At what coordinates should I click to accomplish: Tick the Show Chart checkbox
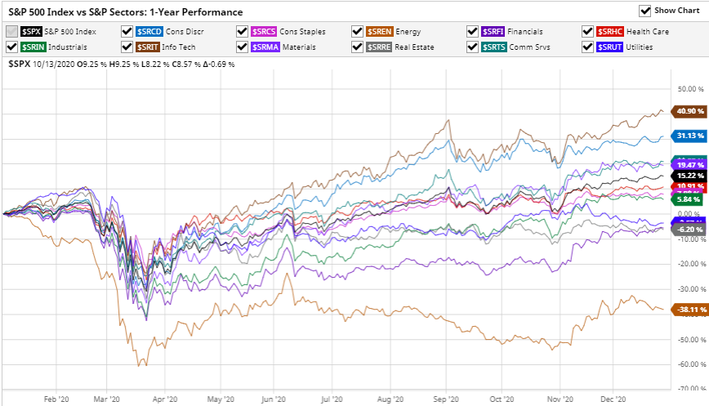pos(645,11)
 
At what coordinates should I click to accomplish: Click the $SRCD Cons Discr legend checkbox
pos(127,31)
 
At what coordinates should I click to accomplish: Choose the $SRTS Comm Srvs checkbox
pos(473,47)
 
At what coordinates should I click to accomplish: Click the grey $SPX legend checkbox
pos(11,31)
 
